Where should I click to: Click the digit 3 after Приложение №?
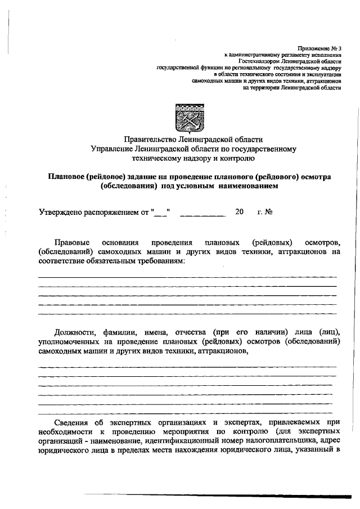point(340,48)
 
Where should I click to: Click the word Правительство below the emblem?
point(151,139)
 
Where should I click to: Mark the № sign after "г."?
point(269,213)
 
